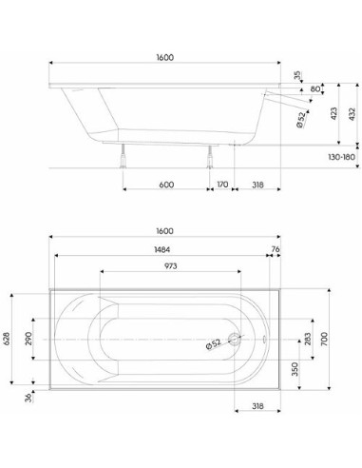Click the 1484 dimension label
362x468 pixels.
[162, 249]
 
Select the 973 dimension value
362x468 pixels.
[171, 266]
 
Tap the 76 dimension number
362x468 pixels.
[276, 249]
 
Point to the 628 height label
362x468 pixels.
[8, 339]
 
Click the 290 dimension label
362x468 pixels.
[29, 339]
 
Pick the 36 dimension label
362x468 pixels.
[29, 398]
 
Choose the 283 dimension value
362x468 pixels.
[307, 339]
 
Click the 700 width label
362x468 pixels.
[324, 339]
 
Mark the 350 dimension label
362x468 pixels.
[295, 369]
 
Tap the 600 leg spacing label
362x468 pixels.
[166, 185]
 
